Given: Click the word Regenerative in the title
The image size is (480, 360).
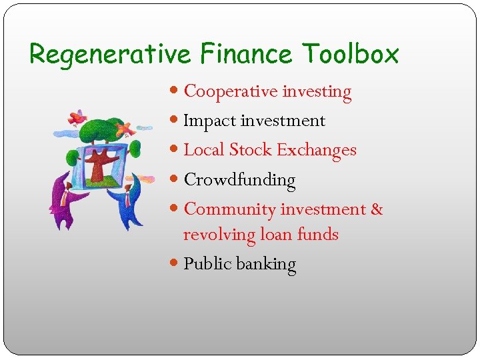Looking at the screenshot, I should point(110,54).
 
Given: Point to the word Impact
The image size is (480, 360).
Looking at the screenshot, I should point(209,121).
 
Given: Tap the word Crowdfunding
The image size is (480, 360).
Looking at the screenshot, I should point(239,180).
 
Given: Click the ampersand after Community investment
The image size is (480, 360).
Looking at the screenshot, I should point(377,209).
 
